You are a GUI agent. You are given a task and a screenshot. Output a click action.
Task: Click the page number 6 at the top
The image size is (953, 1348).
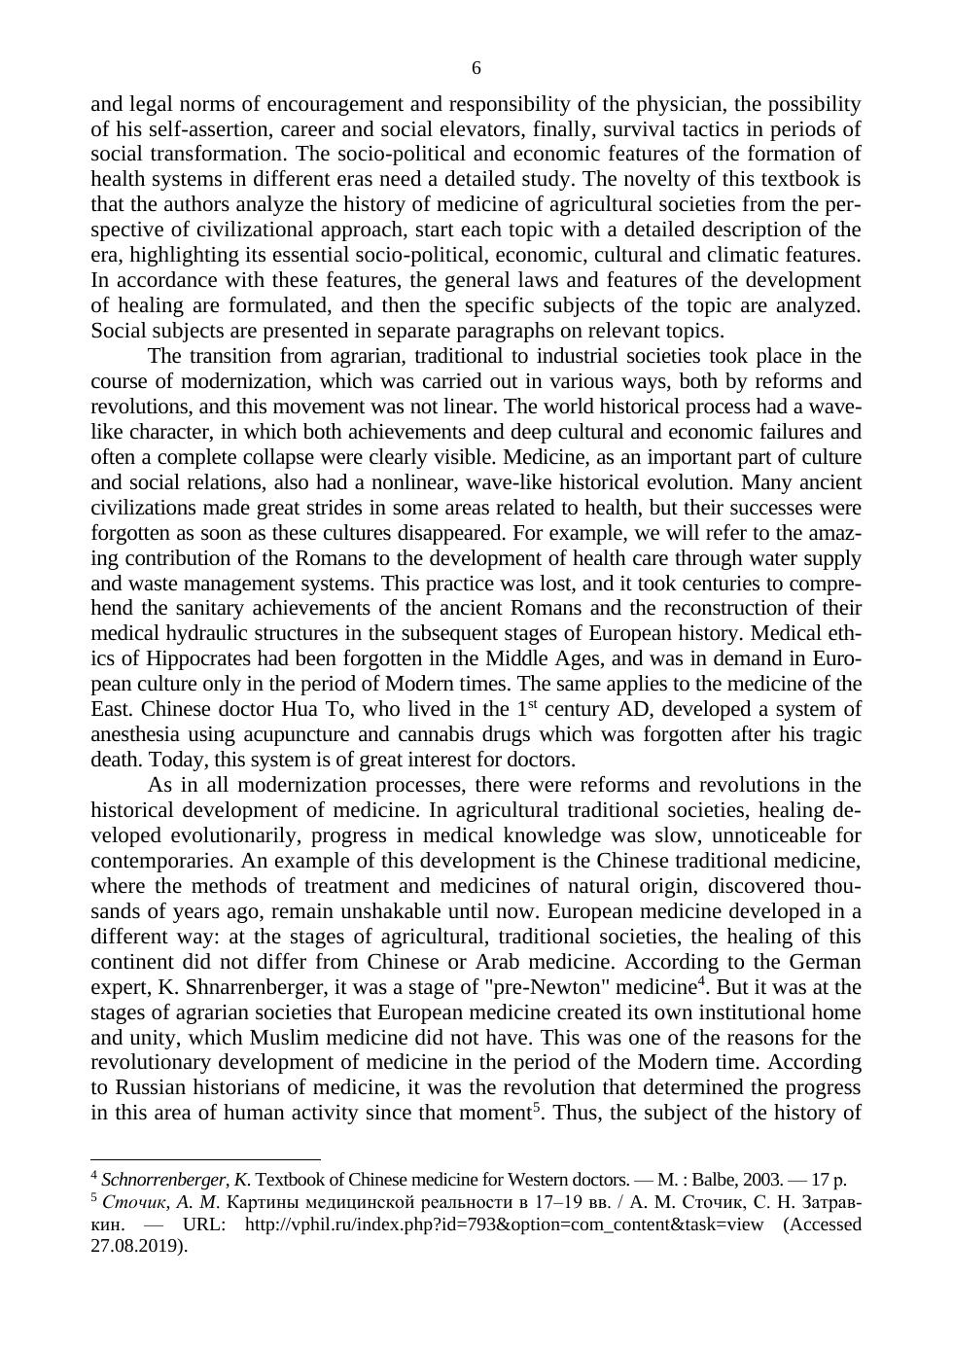476,68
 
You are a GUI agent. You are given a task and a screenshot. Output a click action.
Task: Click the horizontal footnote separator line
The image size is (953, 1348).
205,1159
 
